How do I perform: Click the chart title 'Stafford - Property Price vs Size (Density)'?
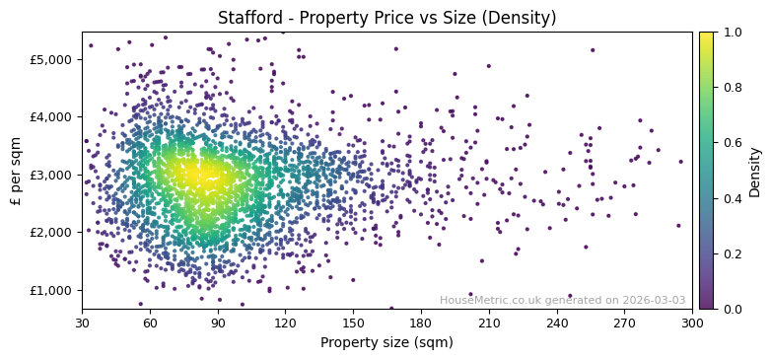pos(386,18)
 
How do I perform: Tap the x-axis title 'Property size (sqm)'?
pos(386,343)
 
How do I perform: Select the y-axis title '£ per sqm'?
pos(16,171)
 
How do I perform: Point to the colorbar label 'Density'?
pos(755,171)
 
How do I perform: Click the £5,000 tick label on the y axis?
pos(49,59)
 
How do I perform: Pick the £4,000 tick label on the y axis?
pos(49,116)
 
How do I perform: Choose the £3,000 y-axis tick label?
pos(49,175)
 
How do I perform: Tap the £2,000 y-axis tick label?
pos(49,232)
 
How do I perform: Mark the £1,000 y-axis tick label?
pos(49,290)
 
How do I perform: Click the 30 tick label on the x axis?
pos(82,323)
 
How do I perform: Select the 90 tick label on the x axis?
pos(218,323)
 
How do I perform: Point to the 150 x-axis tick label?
pos(353,323)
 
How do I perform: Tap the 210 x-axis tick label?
pos(489,323)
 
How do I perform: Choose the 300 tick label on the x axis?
pos(692,323)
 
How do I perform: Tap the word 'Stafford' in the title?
pos(249,18)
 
